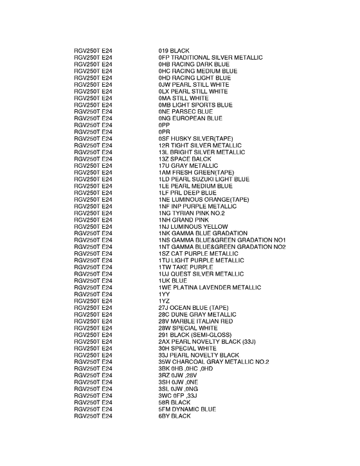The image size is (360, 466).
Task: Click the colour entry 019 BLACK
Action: coord(174,51)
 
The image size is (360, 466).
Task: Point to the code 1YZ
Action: coord(164,300)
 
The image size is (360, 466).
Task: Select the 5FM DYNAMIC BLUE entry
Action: coord(187,409)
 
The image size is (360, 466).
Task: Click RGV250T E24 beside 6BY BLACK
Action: coord(93,416)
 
